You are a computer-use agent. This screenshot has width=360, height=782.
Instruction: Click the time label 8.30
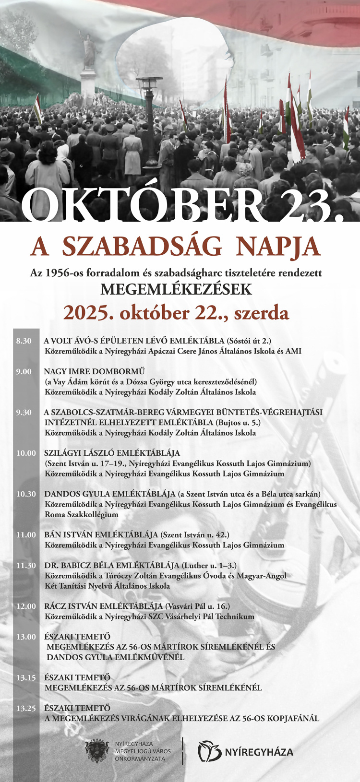tap(24, 341)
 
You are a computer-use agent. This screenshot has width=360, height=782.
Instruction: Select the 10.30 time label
tap(26, 494)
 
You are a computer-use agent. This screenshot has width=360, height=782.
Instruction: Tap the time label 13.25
tap(26, 708)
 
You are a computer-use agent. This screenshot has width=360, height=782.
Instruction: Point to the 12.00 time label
tap(26, 606)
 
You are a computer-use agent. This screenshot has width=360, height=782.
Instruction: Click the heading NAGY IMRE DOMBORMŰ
tap(94, 371)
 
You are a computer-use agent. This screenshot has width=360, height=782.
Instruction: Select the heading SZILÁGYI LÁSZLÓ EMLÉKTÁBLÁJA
tap(112, 453)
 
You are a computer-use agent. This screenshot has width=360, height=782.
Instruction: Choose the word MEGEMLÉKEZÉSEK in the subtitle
tap(176, 289)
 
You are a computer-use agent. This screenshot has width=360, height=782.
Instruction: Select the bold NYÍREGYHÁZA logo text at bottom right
tap(259, 752)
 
